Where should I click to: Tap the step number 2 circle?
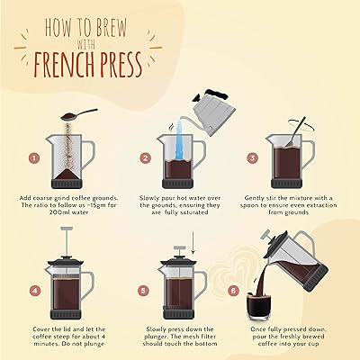pyautogui.click(x=144, y=158)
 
